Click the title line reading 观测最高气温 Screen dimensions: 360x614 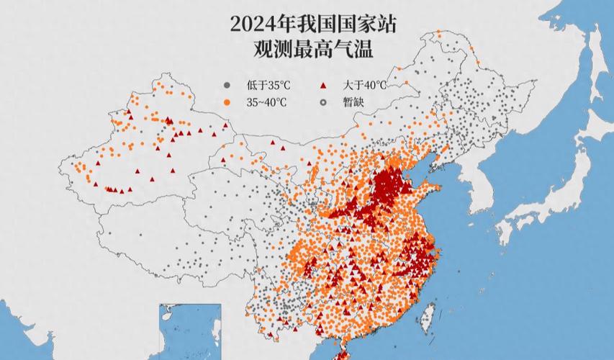click(307, 50)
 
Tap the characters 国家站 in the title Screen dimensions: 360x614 click(371, 24)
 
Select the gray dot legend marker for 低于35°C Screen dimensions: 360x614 click(227, 85)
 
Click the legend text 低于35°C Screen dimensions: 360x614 click(264, 85)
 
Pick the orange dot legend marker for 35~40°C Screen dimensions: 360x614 click(227, 102)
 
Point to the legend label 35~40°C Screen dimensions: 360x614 click(267, 102)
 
